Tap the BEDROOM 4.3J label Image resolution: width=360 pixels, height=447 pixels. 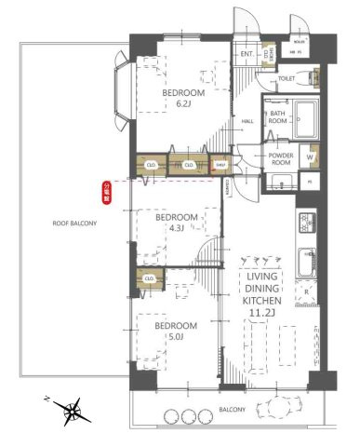[176, 223]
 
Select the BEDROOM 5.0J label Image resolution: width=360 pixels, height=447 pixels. [176, 332]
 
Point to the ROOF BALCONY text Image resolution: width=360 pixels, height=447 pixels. [73, 223]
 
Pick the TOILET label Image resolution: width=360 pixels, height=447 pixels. [287, 79]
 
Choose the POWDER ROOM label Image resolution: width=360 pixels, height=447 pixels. [280, 158]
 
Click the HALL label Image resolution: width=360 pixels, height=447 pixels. [248, 121]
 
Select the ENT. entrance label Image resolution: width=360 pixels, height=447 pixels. [247, 54]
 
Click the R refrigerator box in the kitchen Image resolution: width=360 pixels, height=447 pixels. [307, 292]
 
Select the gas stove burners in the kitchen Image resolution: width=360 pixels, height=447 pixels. [307, 223]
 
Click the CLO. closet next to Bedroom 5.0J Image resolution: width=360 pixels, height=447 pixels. [150, 277]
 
